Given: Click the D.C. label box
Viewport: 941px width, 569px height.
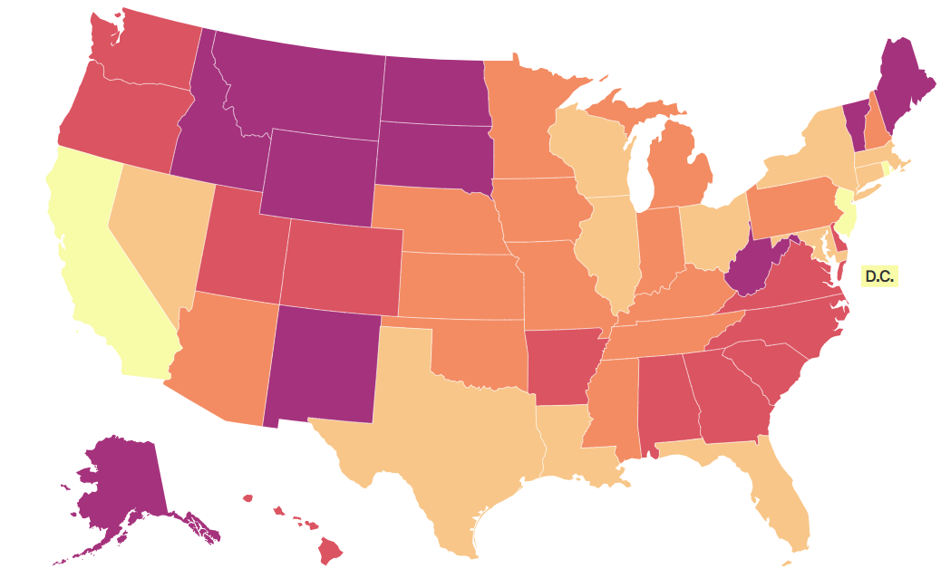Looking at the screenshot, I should point(878,276).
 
